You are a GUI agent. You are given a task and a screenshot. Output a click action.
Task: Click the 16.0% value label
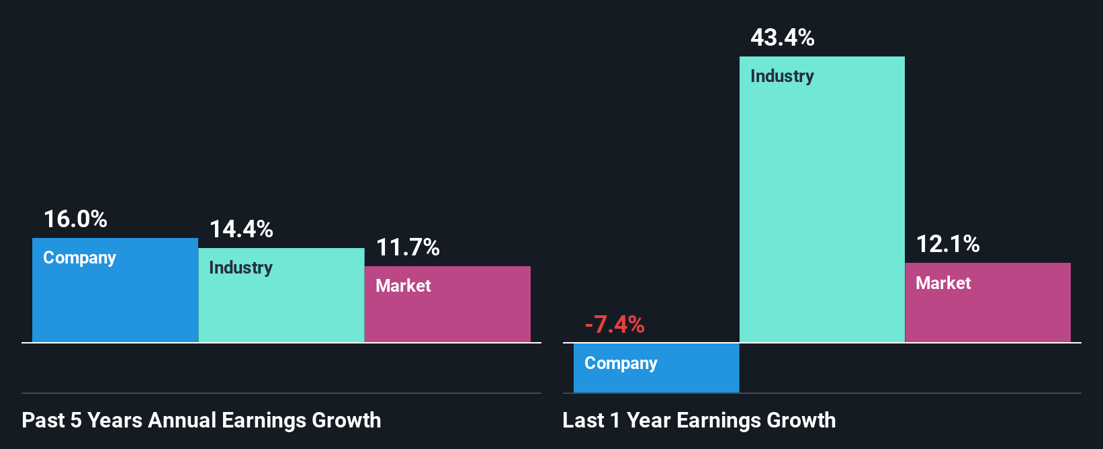75,219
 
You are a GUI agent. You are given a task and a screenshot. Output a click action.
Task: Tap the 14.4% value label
241,229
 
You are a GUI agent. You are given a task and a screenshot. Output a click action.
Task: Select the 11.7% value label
408,247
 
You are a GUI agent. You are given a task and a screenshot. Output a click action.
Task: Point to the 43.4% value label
783,38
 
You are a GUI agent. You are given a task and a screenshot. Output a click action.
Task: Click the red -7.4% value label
615,325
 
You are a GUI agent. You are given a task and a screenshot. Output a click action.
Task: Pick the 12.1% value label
948,244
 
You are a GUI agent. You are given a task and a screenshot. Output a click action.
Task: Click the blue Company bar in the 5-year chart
115,302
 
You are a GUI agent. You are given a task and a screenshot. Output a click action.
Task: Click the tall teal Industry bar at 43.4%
822,202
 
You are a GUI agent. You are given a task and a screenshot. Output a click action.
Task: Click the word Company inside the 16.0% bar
79,258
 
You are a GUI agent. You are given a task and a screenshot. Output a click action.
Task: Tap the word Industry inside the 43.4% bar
782,77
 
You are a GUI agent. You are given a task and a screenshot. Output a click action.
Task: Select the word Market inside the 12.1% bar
943,283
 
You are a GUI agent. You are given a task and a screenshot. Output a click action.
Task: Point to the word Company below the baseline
621,364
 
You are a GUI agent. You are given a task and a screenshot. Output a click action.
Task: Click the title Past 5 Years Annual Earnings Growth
202,420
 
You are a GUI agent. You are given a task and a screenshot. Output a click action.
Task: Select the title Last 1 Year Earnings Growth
699,420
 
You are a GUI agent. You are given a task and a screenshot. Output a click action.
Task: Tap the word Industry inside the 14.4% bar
240,268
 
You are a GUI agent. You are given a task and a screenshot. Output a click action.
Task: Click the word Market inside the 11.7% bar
403,286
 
